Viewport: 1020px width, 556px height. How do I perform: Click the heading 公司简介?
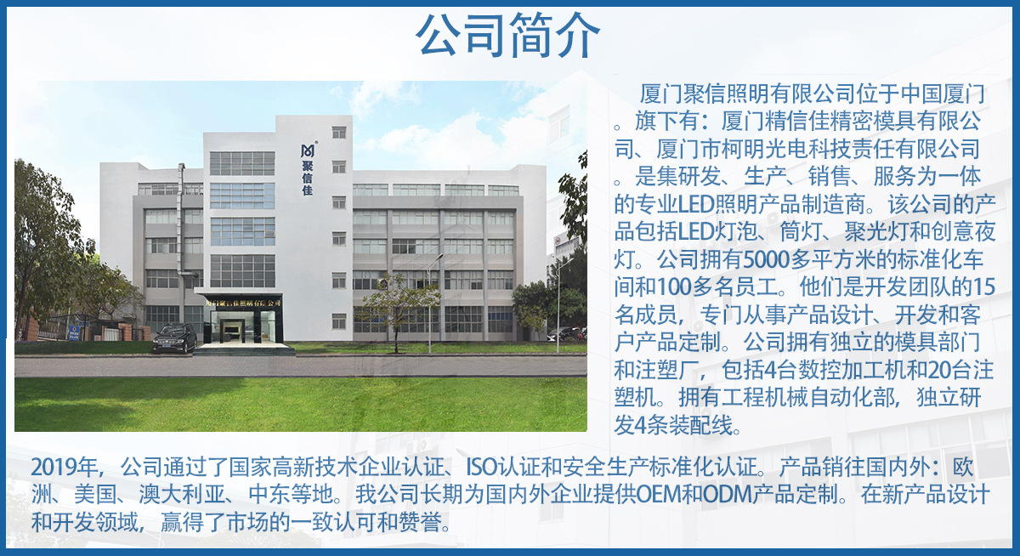coord(507,36)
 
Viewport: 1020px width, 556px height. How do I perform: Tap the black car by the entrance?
coord(175,338)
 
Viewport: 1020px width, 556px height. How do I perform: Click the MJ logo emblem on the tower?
coord(308,150)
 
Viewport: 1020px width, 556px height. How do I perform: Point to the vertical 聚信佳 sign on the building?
coord(308,178)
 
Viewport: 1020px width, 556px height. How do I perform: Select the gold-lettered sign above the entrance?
coord(243,303)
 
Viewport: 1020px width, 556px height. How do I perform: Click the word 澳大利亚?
coord(182,495)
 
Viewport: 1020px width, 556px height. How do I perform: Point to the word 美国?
coord(95,495)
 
